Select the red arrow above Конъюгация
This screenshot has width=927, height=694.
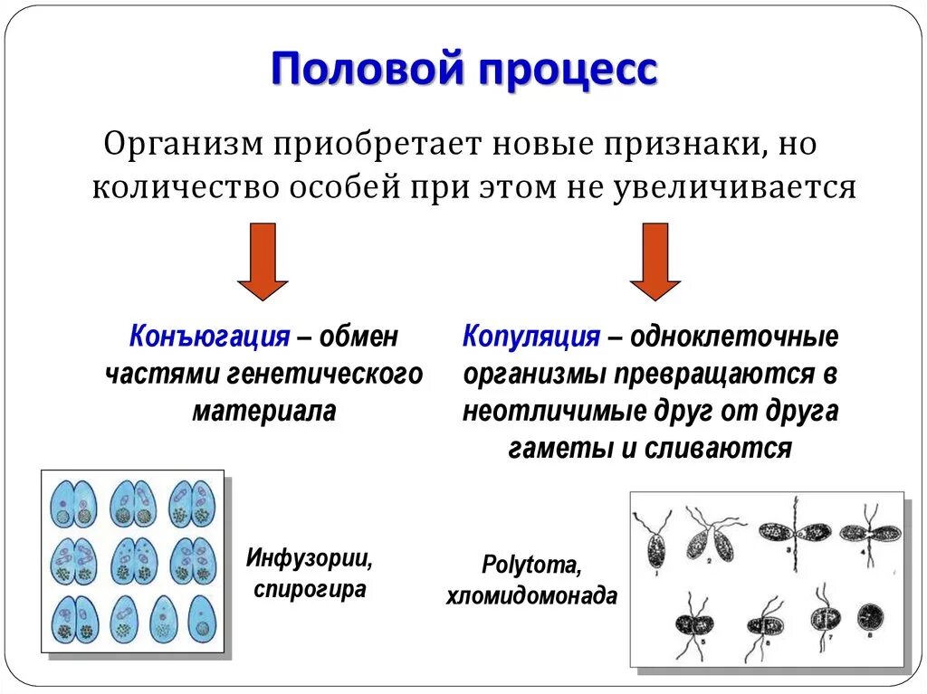(263, 262)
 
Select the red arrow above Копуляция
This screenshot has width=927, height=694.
(655, 262)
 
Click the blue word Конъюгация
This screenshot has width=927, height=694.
(209, 337)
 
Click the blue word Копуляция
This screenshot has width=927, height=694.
(531, 337)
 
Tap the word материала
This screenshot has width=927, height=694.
(264, 410)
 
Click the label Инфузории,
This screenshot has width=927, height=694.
(310, 558)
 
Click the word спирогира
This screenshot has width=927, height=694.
(311, 590)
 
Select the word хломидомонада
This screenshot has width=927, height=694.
(532, 597)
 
